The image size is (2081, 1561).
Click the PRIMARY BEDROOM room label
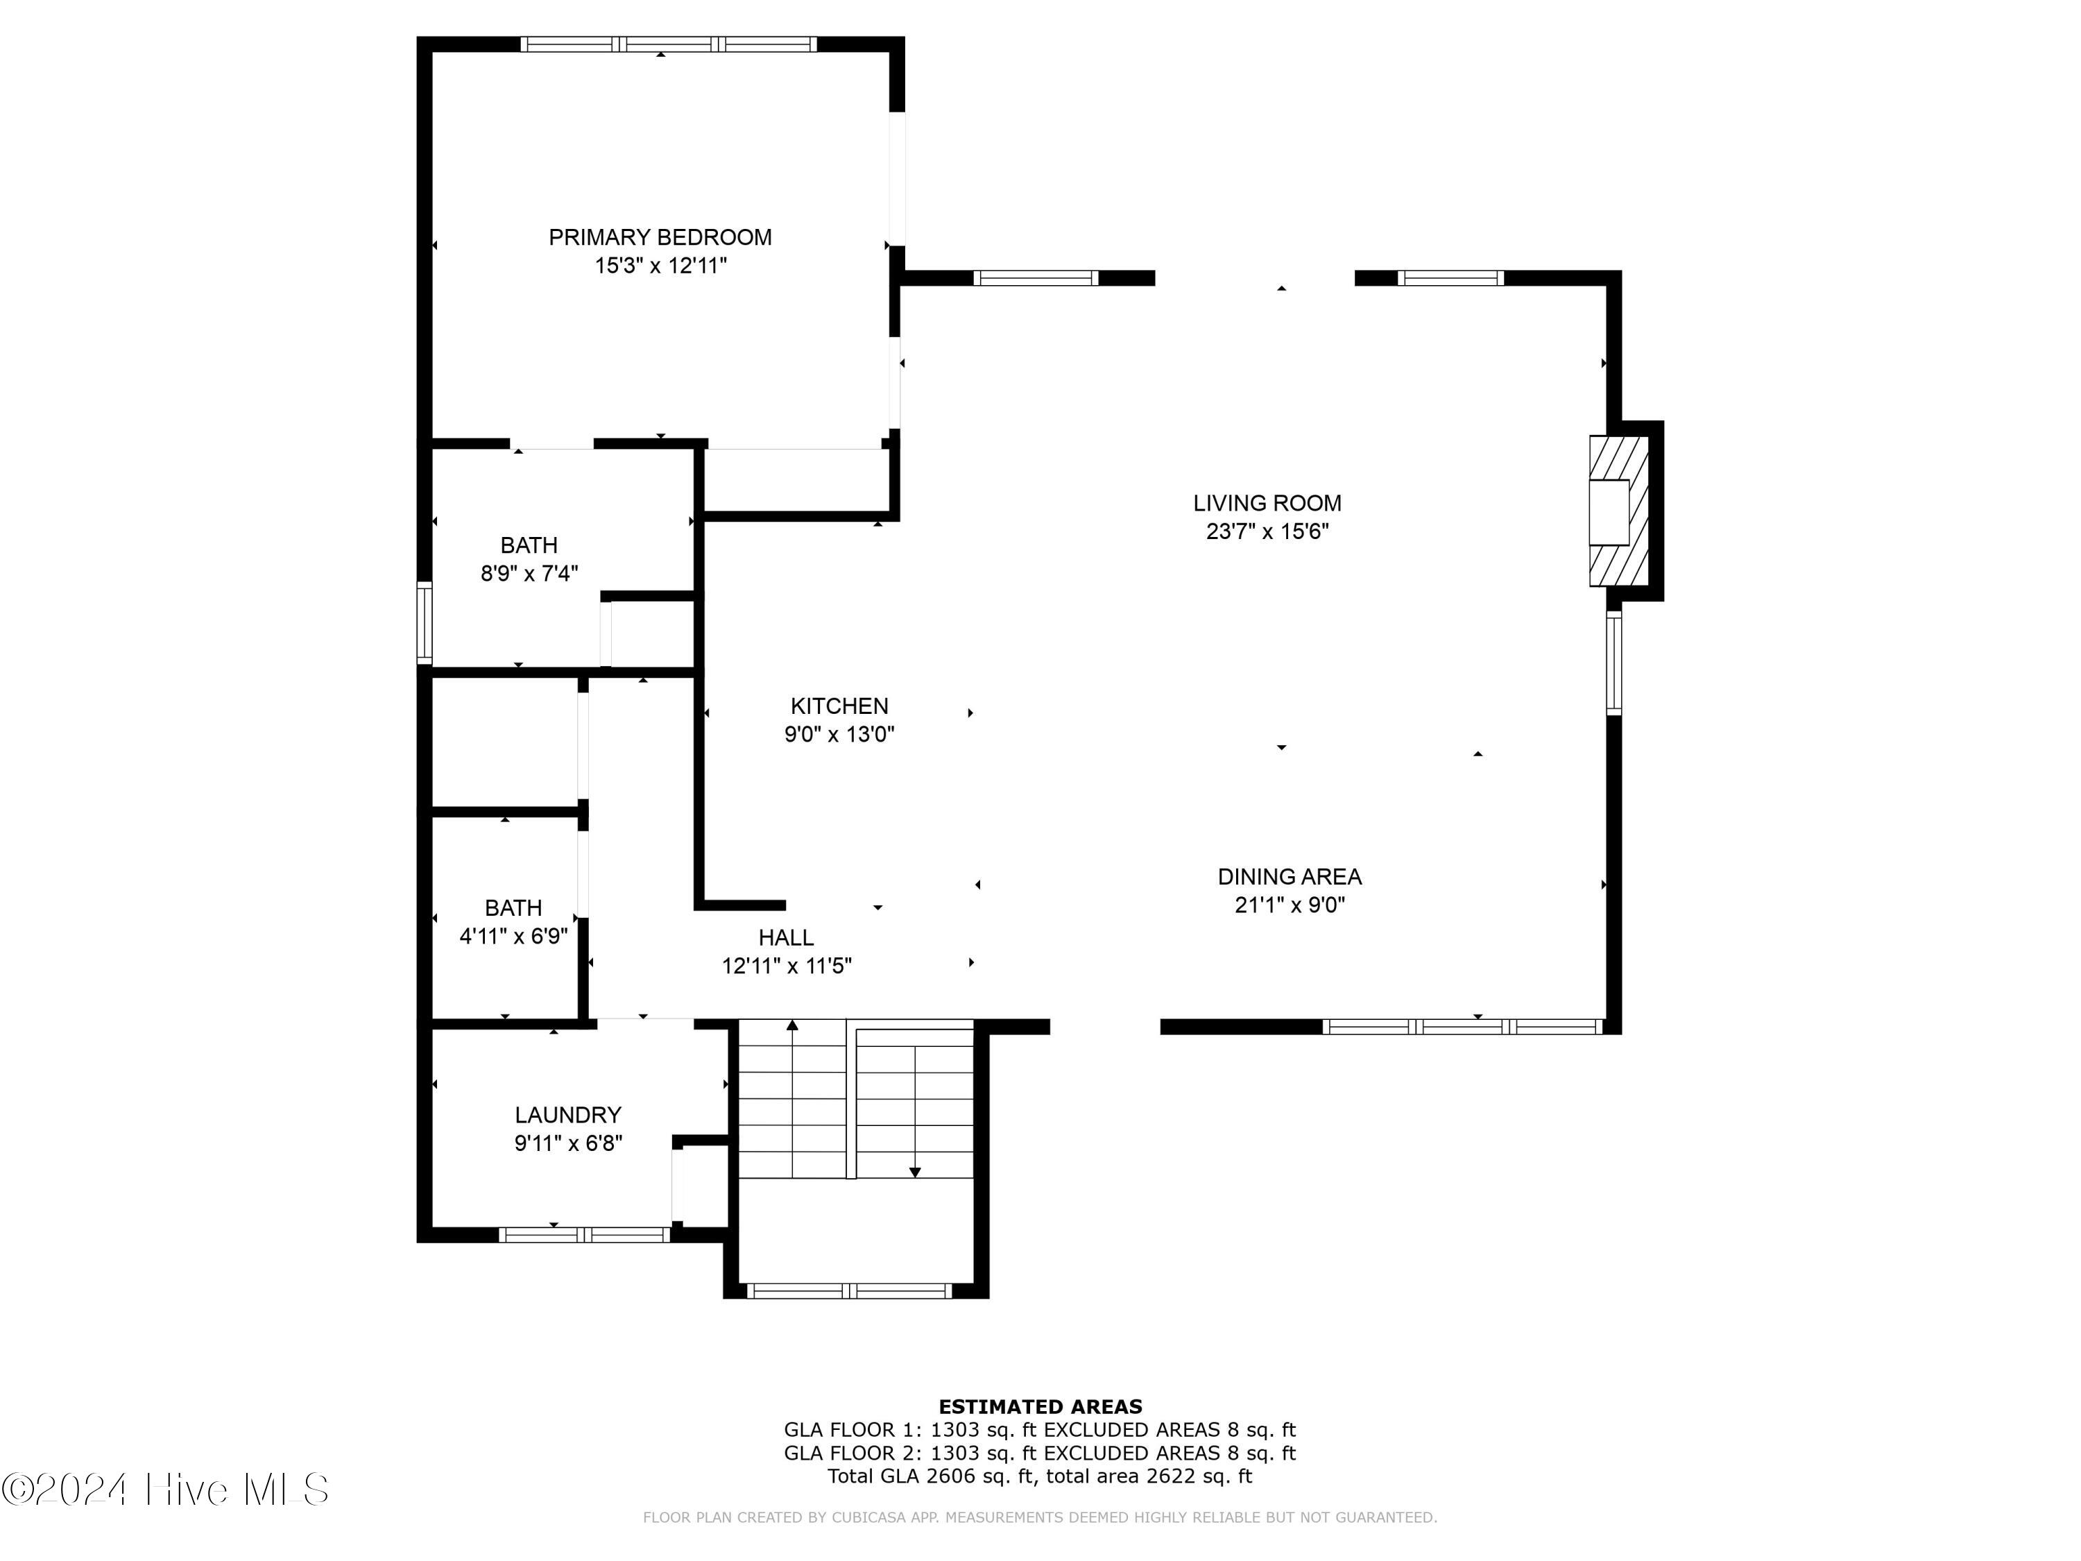click(660, 237)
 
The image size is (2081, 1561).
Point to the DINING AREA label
click(1289, 877)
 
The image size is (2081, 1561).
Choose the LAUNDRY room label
click(567, 1115)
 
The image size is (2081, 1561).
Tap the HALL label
click(785, 937)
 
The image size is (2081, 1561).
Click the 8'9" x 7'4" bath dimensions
click(529, 573)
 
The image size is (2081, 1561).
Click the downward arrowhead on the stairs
click(914, 1172)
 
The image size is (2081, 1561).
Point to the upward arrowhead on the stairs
click(792, 1025)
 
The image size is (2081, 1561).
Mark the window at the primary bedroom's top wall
click(668, 44)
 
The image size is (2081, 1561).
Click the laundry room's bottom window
click(583, 1234)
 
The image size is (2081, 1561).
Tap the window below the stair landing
click(848, 1291)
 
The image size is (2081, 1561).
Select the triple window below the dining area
click(1462, 1027)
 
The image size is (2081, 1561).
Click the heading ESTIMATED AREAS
click(1040, 1407)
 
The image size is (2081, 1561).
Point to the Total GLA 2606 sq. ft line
click(1040, 1476)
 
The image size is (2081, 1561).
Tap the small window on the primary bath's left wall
click(425, 623)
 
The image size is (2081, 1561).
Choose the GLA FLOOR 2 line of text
click(1040, 1453)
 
